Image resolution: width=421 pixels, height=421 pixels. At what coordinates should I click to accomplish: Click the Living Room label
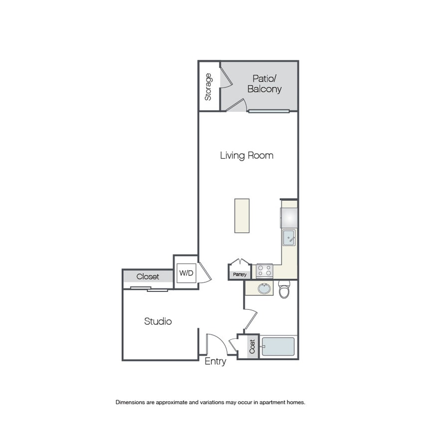246,156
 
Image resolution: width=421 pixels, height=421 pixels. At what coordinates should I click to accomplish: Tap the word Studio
158,321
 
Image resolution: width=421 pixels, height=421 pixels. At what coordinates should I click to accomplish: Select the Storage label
208,87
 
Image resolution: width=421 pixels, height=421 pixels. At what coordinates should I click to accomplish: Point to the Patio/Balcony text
264,84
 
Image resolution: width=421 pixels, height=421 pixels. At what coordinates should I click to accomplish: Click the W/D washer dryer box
187,273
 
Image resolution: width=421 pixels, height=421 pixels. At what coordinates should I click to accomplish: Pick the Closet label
148,276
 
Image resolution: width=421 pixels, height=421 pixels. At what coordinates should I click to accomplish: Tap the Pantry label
240,274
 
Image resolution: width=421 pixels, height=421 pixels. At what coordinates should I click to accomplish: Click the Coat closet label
252,346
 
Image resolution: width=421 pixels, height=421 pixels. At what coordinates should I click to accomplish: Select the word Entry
215,362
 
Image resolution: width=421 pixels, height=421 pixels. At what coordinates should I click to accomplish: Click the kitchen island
242,215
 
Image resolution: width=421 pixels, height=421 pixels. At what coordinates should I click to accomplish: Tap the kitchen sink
289,237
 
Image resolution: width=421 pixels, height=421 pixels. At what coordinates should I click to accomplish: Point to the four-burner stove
264,271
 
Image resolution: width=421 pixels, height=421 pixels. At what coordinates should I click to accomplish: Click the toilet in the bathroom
284,289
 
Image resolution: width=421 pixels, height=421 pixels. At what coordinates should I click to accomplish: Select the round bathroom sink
264,289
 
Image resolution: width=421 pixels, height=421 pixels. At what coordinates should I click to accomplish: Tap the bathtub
278,347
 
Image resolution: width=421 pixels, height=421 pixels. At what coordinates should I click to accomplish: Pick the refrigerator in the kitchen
289,218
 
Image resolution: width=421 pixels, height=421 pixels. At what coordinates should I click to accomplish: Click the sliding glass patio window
269,111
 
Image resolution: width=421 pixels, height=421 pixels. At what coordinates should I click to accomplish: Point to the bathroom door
251,320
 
